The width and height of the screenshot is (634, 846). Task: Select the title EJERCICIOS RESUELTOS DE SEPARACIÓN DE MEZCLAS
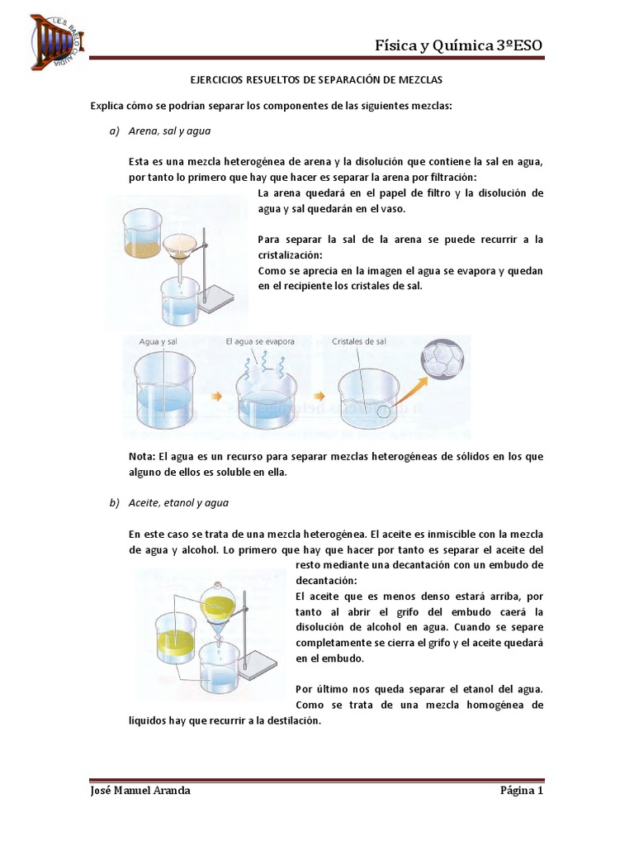point(317,80)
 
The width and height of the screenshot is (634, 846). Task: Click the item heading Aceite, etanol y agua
point(179,502)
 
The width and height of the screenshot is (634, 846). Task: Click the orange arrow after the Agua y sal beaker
point(217,397)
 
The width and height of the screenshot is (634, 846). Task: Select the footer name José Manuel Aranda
point(140,791)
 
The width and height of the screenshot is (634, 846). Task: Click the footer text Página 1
point(522,791)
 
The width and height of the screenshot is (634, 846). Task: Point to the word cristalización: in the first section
point(290,255)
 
